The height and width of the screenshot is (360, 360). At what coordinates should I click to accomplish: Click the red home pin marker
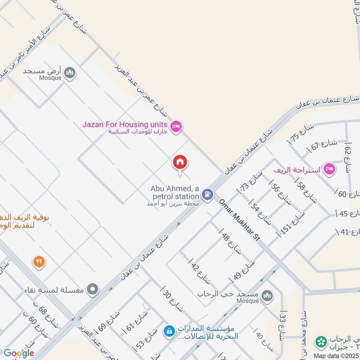pos(180,162)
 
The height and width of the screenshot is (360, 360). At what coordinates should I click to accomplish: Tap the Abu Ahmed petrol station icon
pos(207,194)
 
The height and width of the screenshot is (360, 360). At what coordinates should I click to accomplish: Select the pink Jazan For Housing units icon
pos(176,126)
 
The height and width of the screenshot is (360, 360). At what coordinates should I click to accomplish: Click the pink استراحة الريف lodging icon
pos(330,169)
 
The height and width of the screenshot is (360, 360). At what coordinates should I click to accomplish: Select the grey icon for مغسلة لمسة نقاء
pos(93,289)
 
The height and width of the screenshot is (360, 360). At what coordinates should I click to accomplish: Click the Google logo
pos(18,353)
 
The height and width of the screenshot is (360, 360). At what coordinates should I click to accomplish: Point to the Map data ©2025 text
pos(336,355)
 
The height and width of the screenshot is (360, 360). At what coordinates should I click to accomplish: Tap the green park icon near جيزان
pos(321,342)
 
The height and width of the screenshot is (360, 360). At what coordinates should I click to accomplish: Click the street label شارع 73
pos(248,181)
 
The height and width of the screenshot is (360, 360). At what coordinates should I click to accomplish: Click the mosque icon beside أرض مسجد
pos(69,72)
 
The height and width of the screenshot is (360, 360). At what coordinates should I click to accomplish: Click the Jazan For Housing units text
pos(125,124)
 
